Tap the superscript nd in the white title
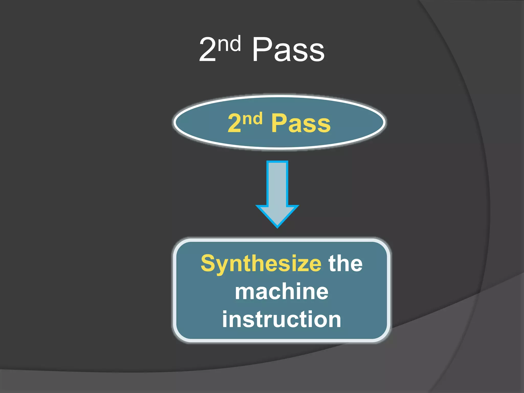tap(230, 43)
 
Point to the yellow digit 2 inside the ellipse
tap(234, 123)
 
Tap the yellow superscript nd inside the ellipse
tap(253, 119)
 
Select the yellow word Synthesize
tap(261, 264)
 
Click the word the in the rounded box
tap(345, 264)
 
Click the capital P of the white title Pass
tap(262, 49)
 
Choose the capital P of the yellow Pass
tap(279, 123)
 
